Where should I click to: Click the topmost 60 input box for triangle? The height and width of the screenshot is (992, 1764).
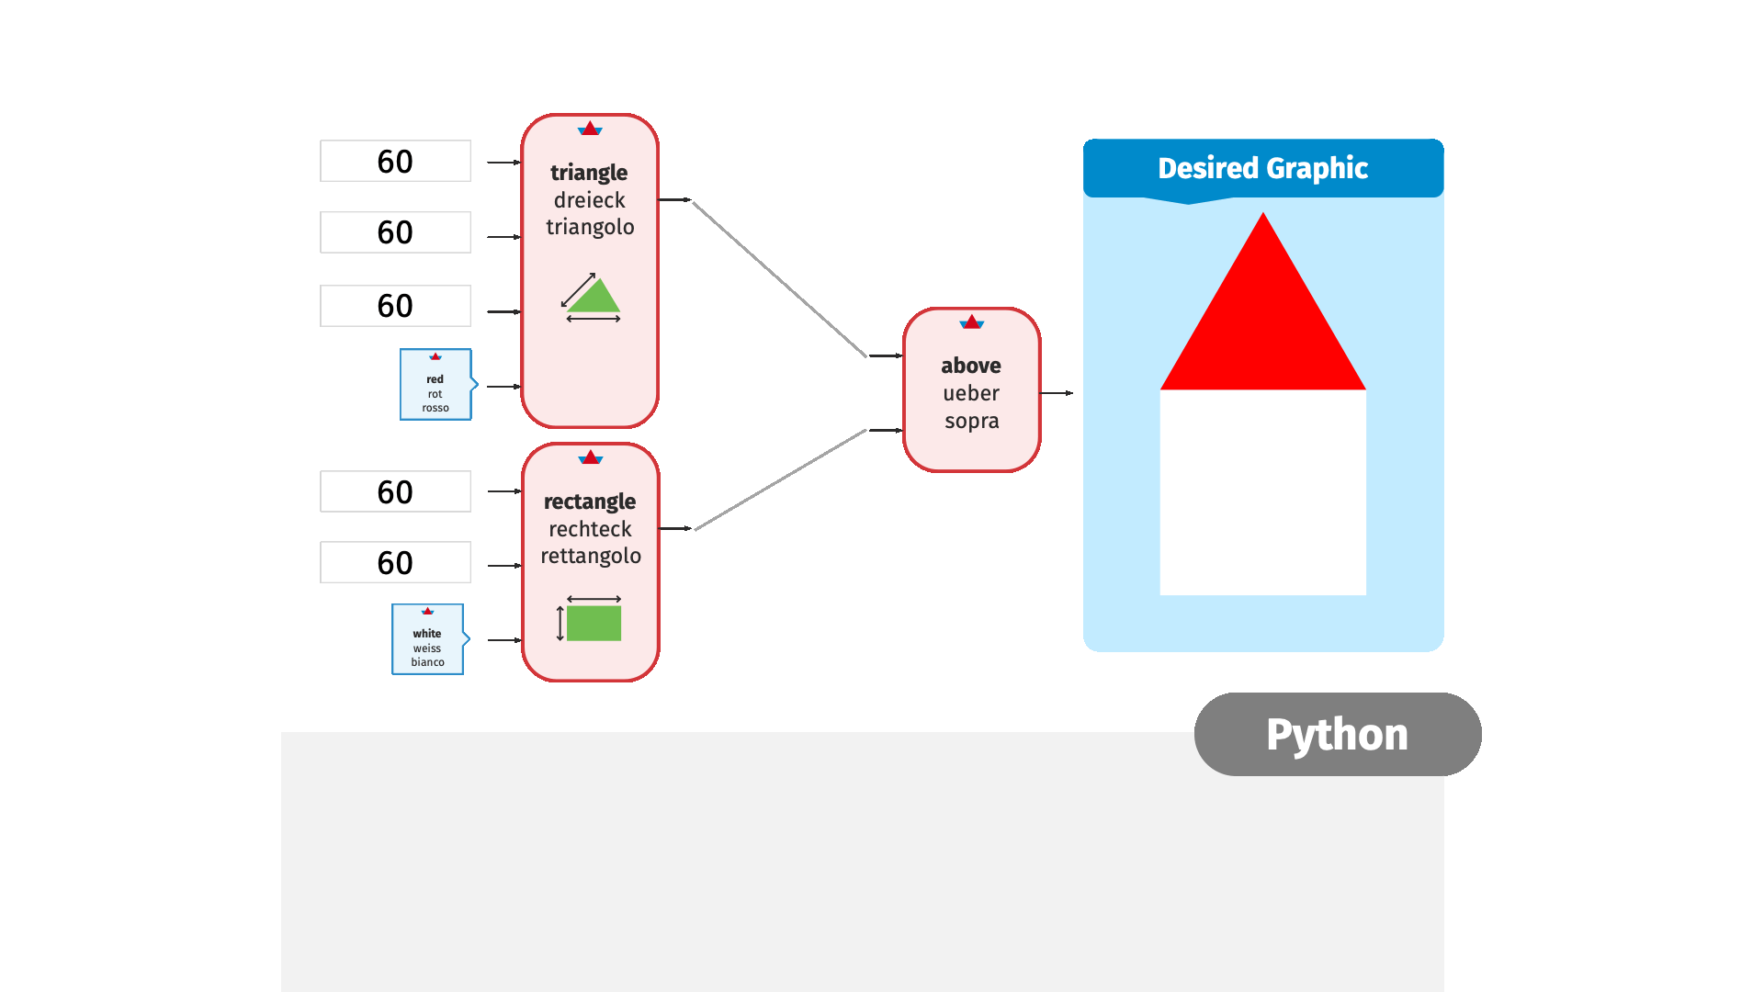point(395,161)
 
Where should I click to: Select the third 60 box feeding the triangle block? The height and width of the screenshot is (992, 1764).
point(395,306)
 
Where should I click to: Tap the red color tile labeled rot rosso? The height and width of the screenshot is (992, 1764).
point(435,385)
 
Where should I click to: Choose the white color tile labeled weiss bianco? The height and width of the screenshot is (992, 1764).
point(427,640)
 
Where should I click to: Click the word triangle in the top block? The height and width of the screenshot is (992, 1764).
point(589,173)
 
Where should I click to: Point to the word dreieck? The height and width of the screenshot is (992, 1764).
point(589,200)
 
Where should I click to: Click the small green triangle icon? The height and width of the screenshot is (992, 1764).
point(594,299)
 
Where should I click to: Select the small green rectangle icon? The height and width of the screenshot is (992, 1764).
point(594,624)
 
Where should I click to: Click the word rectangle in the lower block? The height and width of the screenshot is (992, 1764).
point(590,502)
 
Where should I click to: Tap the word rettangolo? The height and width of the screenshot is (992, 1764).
point(591,556)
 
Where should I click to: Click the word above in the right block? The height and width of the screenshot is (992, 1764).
point(971,366)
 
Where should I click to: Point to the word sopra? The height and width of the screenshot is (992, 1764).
point(971,421)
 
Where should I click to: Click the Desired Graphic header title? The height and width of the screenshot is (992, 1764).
point(1262,168)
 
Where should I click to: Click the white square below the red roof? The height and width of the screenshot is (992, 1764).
point(1262,492)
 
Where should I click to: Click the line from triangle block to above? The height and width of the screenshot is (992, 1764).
point(779,278)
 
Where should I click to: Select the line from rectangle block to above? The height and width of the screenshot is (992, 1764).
point(781,479)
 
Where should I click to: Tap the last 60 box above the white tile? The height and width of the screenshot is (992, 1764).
point(395,562)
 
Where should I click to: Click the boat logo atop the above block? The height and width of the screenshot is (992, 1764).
point(971,321)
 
